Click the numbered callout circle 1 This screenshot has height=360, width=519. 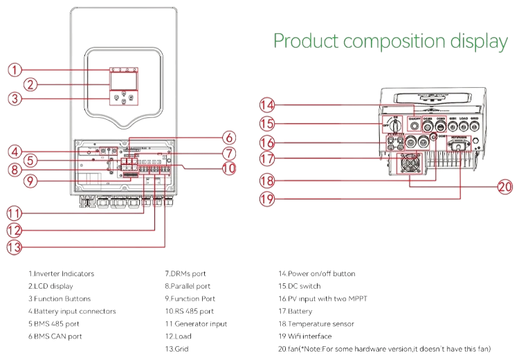point(16,70)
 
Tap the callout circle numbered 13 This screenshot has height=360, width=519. point(16,246)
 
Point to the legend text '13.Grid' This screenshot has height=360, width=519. point(176,349)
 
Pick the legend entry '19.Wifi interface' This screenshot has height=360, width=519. point(305,336)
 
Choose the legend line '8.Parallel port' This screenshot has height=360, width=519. point(188,286)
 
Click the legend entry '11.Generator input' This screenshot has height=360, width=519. point(196,324)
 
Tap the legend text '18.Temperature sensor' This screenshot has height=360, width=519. point(316,324)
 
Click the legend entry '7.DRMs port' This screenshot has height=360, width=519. point(185,273)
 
